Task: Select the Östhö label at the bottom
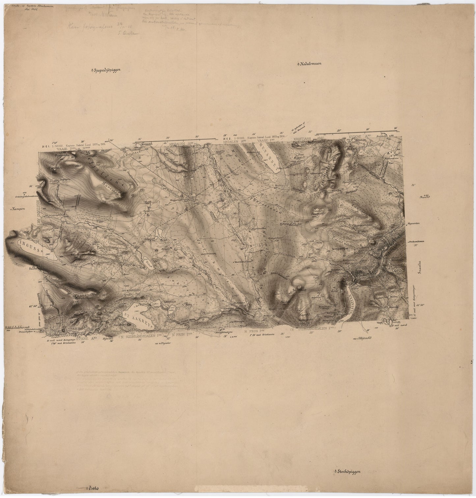(94, 489)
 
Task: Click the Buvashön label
(113, 185)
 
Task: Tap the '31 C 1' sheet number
(46, 145)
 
